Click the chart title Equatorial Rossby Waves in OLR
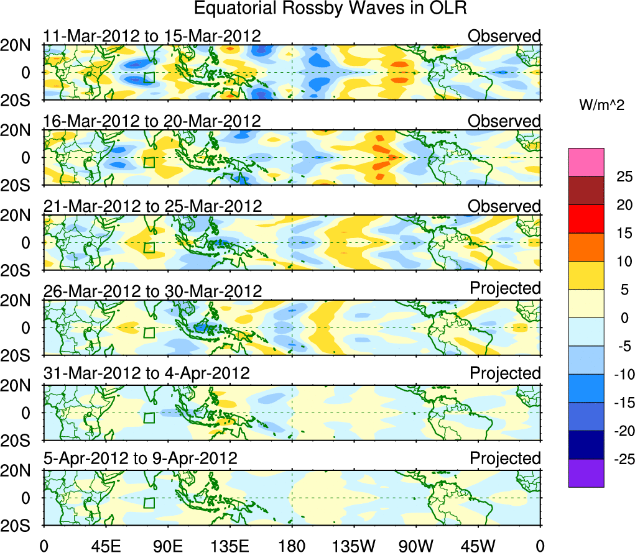point(330,9)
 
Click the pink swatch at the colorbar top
point(586,162)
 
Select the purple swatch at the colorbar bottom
point(586,473)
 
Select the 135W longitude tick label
point(354,545)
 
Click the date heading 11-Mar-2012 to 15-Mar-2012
point(152,35)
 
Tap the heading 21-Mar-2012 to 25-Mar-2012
point(152,206)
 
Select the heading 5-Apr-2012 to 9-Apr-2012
point(141,459)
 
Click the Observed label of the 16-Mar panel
point(504,121)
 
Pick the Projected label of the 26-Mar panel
point(505,288)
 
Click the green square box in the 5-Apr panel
point(149,503)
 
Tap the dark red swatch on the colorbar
point(586,191)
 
